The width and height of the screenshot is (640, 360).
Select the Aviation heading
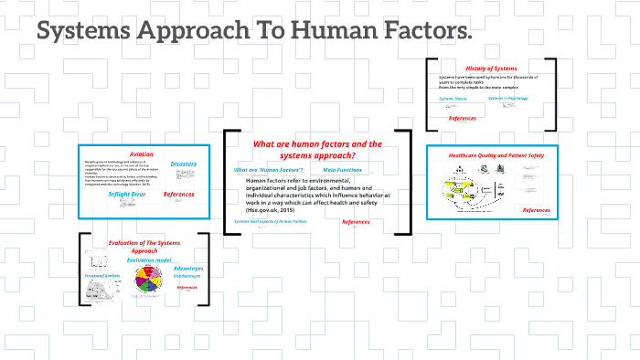[x=142, y=154]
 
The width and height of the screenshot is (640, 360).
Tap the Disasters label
[x=183, y=164]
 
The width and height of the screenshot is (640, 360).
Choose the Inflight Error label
[x=128, y=194]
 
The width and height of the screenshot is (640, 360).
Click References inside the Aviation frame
[x=179, y=194]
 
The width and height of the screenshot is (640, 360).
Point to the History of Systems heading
[x=491, y=69]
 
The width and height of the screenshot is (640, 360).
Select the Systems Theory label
[x=453, y=99]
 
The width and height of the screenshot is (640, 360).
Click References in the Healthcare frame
[x=536, y=210]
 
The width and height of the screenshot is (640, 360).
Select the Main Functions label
[x=343, y=170]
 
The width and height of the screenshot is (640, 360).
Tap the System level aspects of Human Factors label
[x=270, y=221]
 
